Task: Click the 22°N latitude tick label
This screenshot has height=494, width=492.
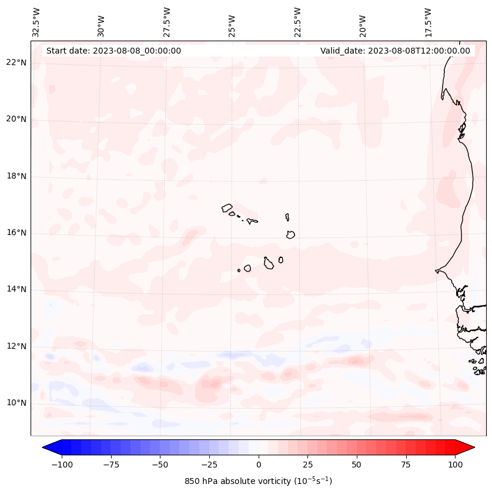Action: (17, 62)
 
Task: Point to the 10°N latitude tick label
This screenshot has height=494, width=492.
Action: (17, 403)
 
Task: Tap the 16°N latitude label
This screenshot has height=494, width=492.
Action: (17, 233)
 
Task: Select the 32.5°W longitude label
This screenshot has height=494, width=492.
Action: (36, 22)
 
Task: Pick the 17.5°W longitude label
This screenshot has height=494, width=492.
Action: (428, 22)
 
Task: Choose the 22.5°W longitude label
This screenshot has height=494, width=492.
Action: (297, 22)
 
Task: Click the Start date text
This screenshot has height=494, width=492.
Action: (113, 51)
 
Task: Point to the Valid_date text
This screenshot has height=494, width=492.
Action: (395, 51)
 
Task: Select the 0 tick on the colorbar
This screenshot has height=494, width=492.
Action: (259, 465)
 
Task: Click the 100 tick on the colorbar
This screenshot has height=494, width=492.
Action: (454, 465)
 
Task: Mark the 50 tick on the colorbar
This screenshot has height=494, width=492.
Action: (356, 465)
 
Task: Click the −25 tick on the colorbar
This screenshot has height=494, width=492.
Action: (209, 465)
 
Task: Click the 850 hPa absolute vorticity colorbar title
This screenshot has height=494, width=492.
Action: (258, 481)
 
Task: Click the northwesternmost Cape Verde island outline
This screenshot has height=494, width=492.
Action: (227, 208)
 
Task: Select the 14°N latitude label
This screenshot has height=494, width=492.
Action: (17, 289)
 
